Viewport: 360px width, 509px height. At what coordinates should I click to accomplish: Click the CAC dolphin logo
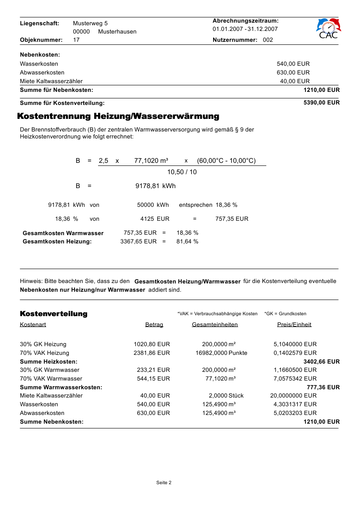point(328,28)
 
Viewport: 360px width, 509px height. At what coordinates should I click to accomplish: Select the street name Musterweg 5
point(90,23)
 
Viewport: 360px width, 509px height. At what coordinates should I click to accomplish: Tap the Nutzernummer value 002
point(268,40)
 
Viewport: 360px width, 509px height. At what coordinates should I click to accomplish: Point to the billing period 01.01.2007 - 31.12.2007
point(245,29)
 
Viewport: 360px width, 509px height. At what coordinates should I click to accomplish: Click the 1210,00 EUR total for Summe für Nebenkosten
point(321,90)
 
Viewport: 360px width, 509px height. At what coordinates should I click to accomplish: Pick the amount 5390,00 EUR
point(321,103)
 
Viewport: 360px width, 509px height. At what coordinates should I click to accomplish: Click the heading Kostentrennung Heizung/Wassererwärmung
point(118,116)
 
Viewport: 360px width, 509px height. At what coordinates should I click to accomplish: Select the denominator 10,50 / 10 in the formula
point(182,172)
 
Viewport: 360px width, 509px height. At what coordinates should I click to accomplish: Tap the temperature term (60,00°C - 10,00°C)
point(226,161)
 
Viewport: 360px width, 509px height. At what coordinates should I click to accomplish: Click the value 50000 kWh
point(153,205)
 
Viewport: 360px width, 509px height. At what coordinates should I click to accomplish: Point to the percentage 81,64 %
point(187,241)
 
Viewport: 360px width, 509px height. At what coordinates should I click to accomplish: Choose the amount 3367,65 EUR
point(138,241)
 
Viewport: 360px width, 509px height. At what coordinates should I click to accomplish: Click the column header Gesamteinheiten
point(215,325)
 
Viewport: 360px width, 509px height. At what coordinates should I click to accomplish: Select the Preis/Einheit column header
point(294,325)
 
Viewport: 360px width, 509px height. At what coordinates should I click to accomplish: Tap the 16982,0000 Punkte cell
point(221,353)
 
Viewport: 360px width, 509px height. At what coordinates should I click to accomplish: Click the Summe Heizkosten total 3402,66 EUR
point(321,362)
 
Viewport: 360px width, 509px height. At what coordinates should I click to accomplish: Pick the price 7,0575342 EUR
point(295,379)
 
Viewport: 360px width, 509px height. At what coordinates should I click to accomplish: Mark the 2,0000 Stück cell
point(226,396)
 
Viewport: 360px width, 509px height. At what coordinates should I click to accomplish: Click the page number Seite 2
point(164,482)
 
